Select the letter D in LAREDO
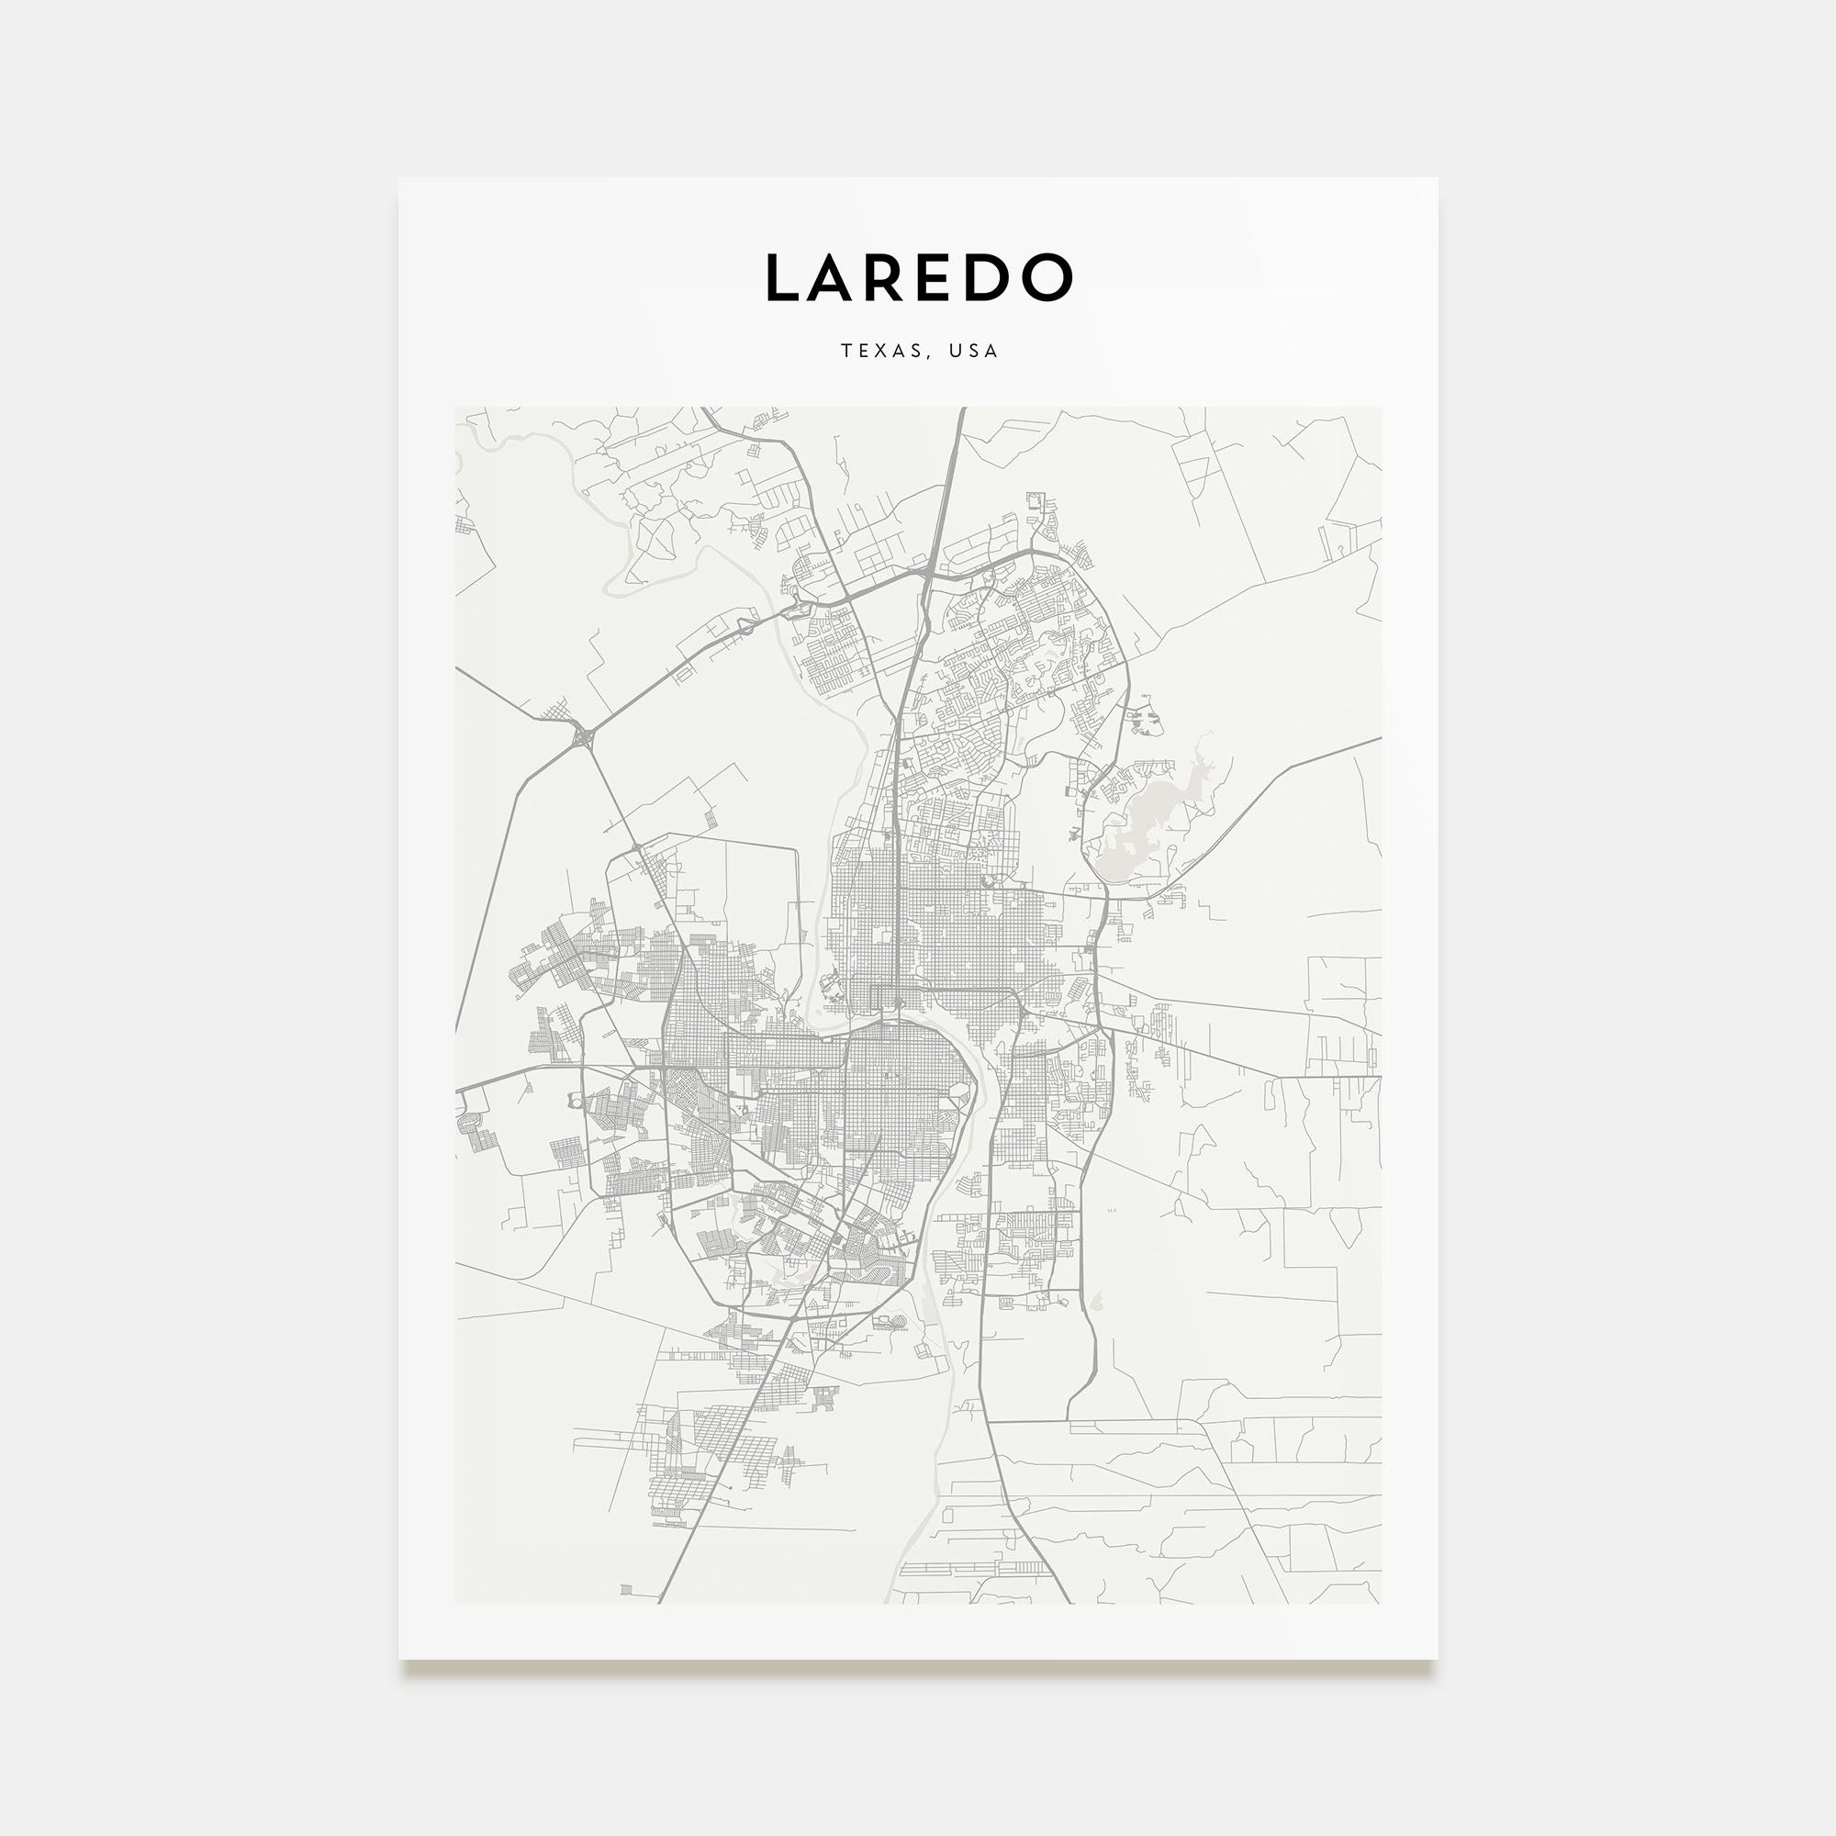click(x=994, y=277)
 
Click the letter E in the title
click(x=944, y=277)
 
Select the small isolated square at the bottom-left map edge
click(x=625, y=1589)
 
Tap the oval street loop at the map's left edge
click(x=468, y=1123)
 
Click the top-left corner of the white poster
click(x=399, y=179)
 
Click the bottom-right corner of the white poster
click(x=1437, y=1659)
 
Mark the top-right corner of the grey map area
click(x=1381, y=408)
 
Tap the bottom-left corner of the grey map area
click(x=456, y=1603)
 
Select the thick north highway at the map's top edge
click(x=962, y=410)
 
